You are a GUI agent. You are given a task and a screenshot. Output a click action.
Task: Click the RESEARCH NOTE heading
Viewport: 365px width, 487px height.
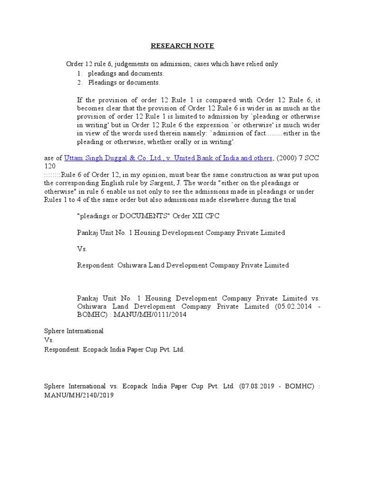tap(182, 46)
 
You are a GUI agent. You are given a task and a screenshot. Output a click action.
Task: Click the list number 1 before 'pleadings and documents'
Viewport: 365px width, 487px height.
tap(79, 74)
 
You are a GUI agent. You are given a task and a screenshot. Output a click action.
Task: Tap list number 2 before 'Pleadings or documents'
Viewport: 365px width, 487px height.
tap(79, 82)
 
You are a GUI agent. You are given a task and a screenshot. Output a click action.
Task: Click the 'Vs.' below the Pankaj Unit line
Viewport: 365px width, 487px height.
tap(82, 249)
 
